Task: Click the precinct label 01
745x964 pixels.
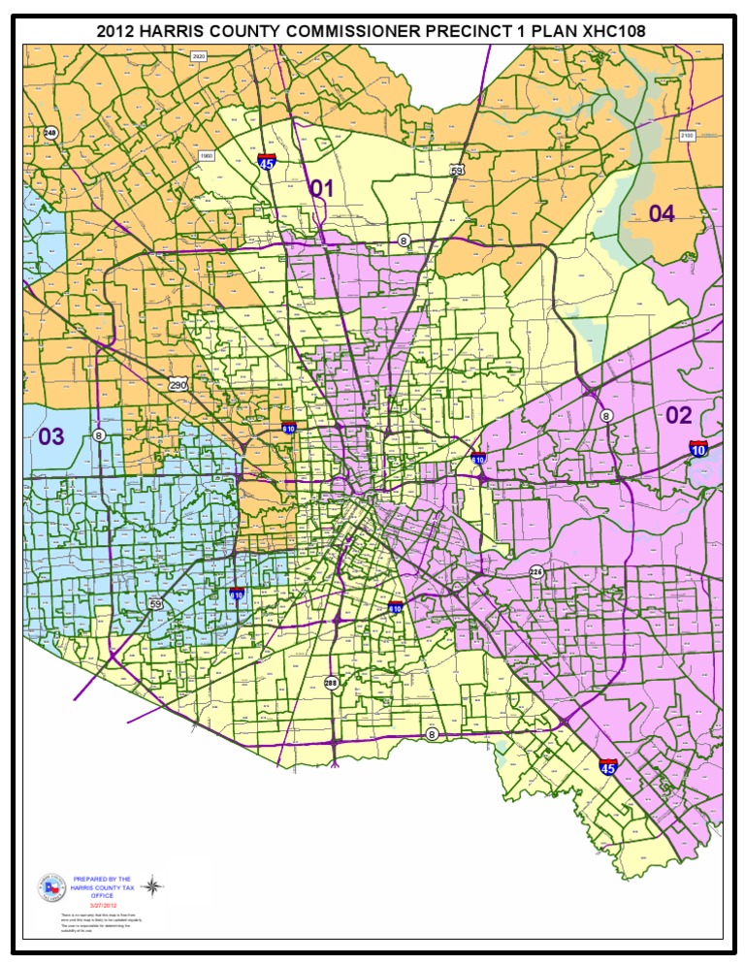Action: coord(321,188)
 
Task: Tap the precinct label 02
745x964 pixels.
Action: coord(679,415)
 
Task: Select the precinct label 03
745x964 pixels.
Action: coord(51,436)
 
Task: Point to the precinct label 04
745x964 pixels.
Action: coord(662,213)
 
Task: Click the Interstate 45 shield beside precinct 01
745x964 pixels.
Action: coord(266,162)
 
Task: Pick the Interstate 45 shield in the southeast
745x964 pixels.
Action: coord(608,766)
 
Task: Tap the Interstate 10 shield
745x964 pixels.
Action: coord(698,447)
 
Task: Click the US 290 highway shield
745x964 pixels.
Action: coord(177,385)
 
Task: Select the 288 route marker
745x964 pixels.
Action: coord(332,682)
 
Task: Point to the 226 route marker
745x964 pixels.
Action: coord(536,572)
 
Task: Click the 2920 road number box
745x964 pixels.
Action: coord(199,57)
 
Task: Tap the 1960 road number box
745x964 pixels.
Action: coord(206,155)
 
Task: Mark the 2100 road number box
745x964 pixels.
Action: coord(687,136)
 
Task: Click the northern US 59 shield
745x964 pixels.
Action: coord(457,170)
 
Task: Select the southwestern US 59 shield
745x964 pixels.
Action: coord(156,604)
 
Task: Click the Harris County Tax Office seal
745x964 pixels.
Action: coord(49,885)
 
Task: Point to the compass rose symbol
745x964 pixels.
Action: coord(151,884)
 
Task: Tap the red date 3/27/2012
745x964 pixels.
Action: coord(102,906)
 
